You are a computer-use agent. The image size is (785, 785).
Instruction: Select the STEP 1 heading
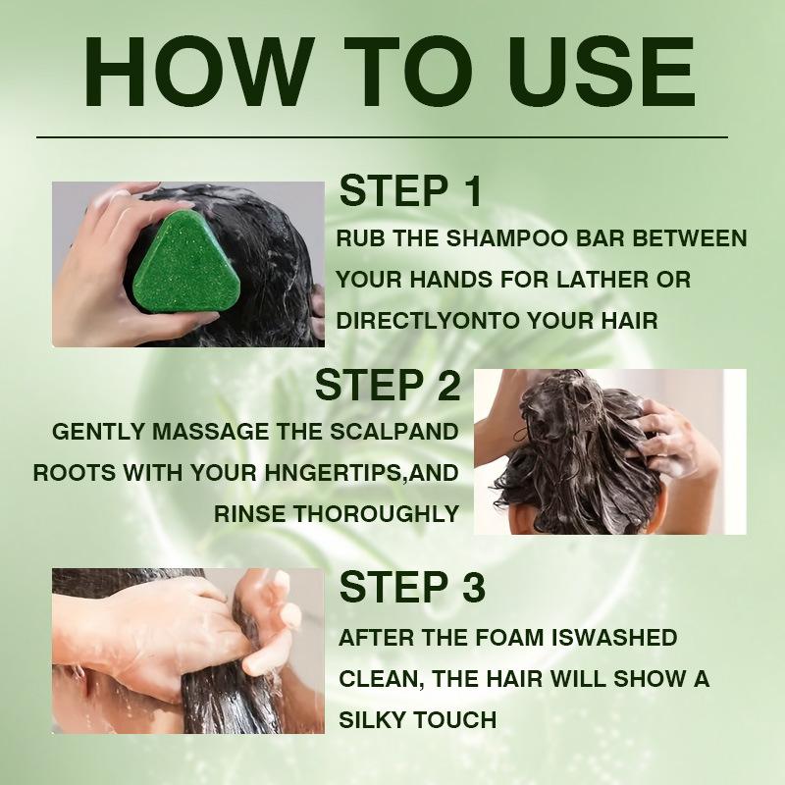(x=410, y=190)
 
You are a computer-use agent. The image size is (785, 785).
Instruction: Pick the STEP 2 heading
(x=388, y=385)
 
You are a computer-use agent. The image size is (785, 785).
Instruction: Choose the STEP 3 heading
(x=412, y=586)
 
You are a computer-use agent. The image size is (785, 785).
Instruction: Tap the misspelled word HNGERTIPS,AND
(x=361, y=473)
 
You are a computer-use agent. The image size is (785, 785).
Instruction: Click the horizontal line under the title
(x=382, y=136)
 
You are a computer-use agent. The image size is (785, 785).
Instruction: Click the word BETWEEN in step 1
(x=690, y=238)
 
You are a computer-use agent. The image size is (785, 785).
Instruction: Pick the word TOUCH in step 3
(x=455, y=720)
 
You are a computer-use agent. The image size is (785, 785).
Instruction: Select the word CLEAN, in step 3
(x=382, y=679)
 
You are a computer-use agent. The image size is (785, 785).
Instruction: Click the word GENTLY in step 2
(x=98, y=432)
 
